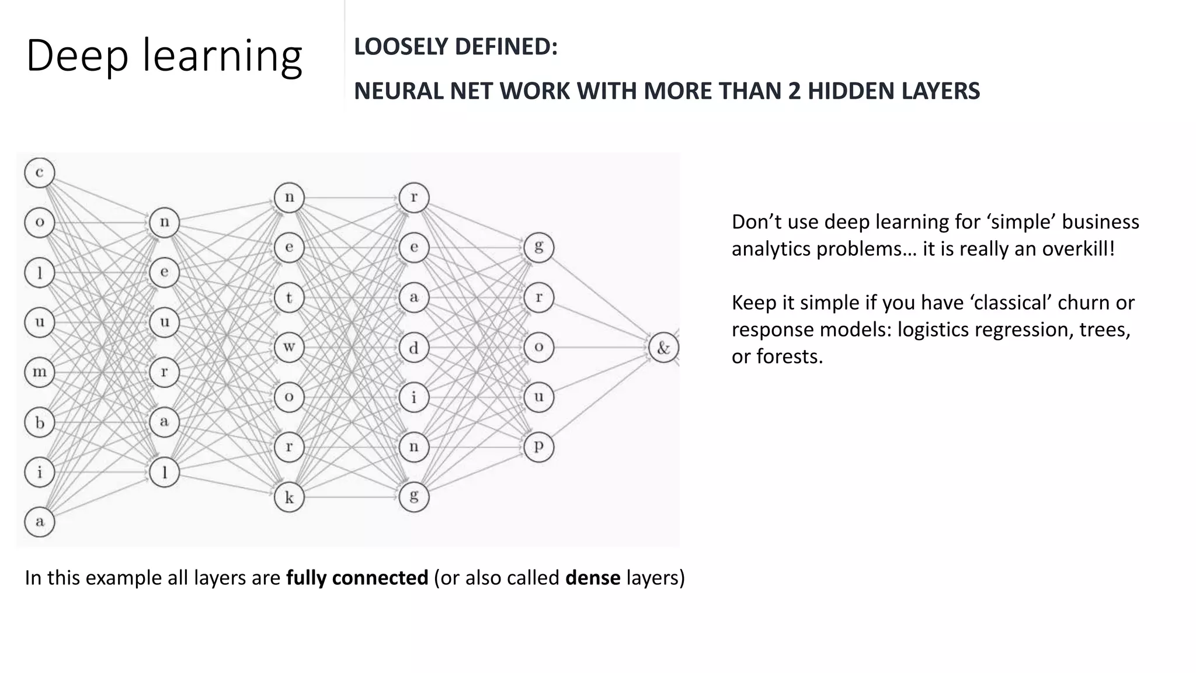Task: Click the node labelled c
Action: click(40, 173)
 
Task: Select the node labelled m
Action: click(40, 372)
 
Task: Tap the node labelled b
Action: click(40, 422)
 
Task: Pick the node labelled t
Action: click(289, 297)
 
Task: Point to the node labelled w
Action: click(289, 347)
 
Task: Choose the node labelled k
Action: click(289, 497)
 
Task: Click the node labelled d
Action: click(414, 348)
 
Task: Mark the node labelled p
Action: click(538, 447)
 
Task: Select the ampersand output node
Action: click(663, 348)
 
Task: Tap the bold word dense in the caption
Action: click(593, 578)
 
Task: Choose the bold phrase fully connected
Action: click(357, 578)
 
